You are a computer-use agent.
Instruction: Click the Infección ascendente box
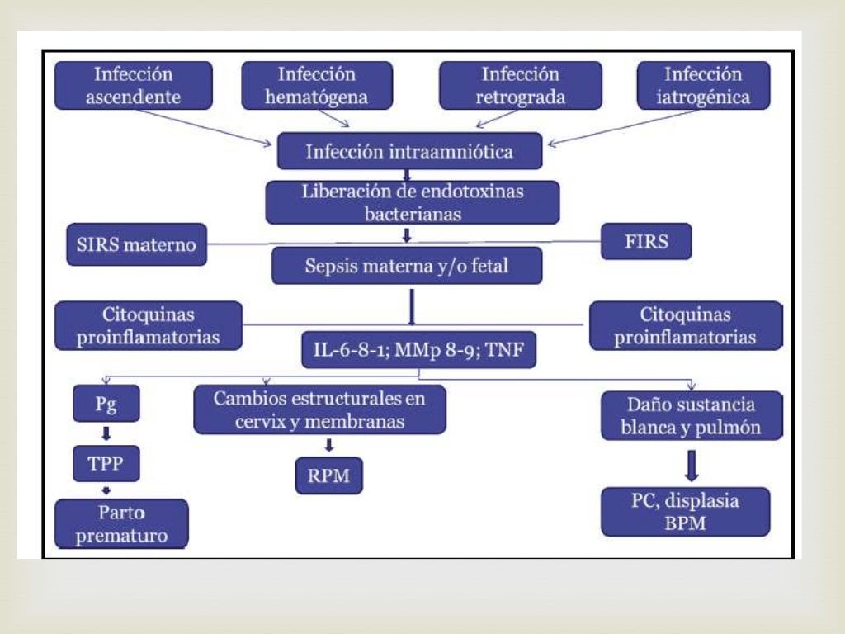pos(133,85)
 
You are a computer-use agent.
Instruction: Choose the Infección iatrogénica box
pos(703,85)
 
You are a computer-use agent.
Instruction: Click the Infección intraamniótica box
pos(409,151)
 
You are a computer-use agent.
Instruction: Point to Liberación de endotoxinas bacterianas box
pos(412,202)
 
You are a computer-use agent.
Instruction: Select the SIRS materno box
pos(137,245)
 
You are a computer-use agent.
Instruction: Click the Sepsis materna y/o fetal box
pos(408,267)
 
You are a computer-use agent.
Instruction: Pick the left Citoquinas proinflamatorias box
pos(149,325)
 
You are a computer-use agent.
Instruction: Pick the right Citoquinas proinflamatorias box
pos(686,325)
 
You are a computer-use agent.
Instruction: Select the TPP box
pos(105,464)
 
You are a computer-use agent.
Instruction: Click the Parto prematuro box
pos(121,523)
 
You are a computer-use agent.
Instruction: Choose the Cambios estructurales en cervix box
pos(319,409)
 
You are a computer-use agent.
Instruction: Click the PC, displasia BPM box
pos(685,511)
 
